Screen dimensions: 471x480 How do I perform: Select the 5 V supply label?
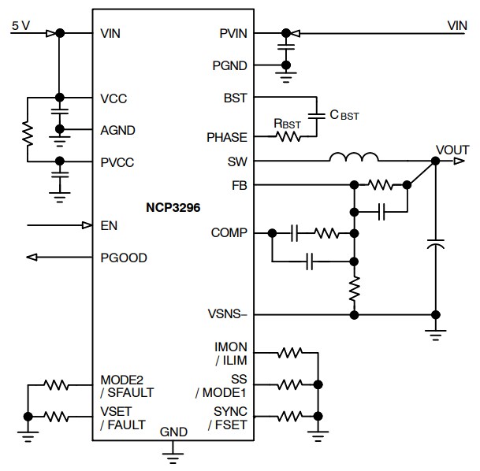click(20, 25)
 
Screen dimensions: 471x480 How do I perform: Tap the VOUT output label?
click(452, 150)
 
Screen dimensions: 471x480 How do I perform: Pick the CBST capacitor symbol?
click(316, 116)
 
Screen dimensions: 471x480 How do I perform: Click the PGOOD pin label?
click(124, 258)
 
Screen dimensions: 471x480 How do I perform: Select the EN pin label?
click(109, 226)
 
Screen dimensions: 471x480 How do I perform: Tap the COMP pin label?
click(229, 233)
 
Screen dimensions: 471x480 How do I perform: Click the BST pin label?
click(235, 98)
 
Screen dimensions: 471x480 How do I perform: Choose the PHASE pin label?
click(226, 137)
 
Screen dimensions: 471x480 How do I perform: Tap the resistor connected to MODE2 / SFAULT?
click(57, 385)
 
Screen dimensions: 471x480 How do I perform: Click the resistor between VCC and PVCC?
click(28, 130)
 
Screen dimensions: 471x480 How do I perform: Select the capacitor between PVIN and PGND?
click(285, 49)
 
